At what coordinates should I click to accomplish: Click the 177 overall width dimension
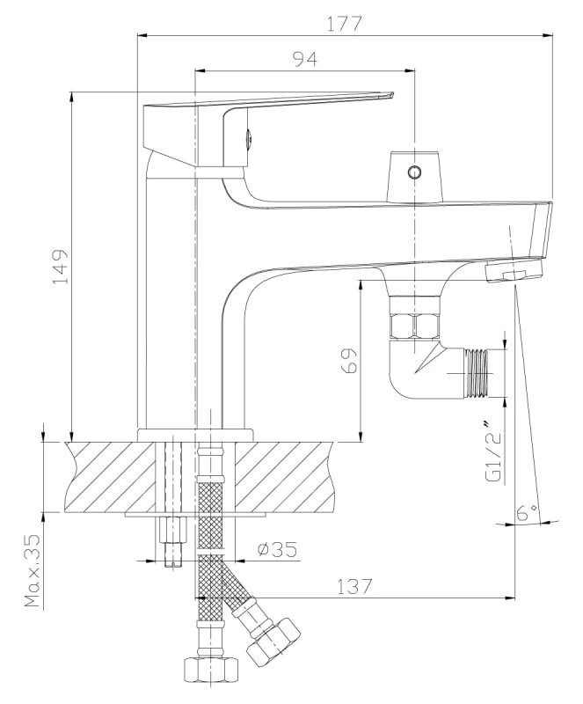[x=343, y=24]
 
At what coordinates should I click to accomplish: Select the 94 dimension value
[x=305, y=59]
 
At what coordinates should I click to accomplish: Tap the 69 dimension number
[x=349, y=360]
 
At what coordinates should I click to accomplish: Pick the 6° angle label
[x=526, y=512]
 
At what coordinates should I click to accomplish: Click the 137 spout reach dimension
[x=354, y=586]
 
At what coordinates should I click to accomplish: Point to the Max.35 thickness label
[x=33, y=570]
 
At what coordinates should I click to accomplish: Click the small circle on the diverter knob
[x=414, y=172]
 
